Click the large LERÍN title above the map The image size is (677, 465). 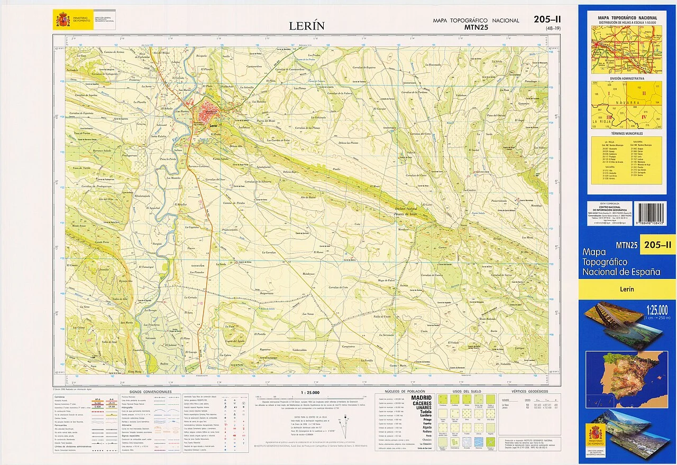306,26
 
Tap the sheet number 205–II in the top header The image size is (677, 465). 547,20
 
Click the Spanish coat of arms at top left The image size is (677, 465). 62,20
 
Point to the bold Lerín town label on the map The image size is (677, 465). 213,126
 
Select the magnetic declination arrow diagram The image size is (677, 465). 346,425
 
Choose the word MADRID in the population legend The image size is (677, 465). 421,397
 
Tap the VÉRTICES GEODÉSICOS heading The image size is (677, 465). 530,391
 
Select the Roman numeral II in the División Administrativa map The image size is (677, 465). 644,94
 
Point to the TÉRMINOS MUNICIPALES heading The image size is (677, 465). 627,135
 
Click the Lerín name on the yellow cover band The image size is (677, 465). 627,289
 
